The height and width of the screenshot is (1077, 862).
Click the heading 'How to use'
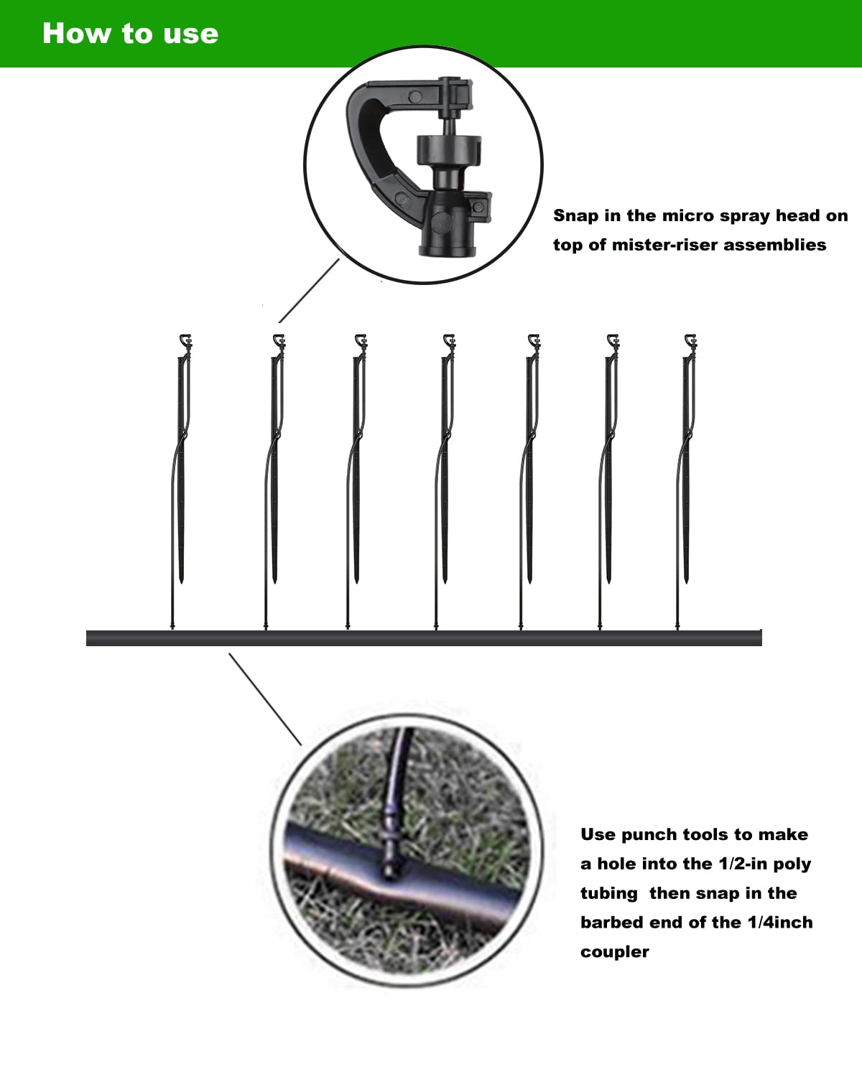coord(130,34)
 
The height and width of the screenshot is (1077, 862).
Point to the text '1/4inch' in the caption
coord(780,923)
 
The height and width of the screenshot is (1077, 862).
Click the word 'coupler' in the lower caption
coord(614,952)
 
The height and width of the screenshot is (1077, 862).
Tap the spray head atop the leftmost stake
coord(185,341)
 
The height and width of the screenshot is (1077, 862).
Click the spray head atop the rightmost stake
coord(690,341)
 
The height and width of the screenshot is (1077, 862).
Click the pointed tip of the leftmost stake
coord(181,577)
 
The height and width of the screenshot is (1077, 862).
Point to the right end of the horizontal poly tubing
coord(757,638)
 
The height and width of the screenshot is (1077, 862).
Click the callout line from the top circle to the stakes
coord(309,291)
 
